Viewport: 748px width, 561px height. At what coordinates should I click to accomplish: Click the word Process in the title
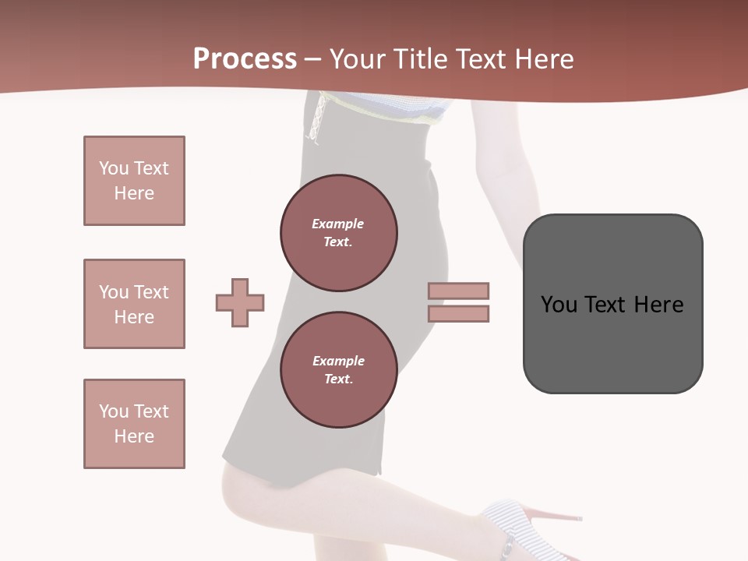tap(245, 59)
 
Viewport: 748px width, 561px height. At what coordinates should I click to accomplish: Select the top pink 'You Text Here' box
tap(134, 181)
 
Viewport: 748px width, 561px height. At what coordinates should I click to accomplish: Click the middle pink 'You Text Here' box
tap(134, 304)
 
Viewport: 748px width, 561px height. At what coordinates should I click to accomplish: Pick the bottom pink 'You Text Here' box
tap(134, 424)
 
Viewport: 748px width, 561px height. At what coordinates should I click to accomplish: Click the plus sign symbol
tap(240, 302)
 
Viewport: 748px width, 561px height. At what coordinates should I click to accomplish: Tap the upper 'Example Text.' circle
tap(339, 233)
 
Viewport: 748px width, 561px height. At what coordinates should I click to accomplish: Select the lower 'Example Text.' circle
tap(339, 370)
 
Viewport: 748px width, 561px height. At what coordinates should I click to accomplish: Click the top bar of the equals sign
tap(458, 291)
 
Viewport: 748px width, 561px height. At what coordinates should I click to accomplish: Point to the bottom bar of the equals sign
tap(458, 313)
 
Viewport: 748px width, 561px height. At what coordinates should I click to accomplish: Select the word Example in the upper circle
tap(338, 224)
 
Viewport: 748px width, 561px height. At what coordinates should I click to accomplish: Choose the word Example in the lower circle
tap(338, 362)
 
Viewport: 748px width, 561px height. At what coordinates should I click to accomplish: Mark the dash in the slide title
tap(312, 59)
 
